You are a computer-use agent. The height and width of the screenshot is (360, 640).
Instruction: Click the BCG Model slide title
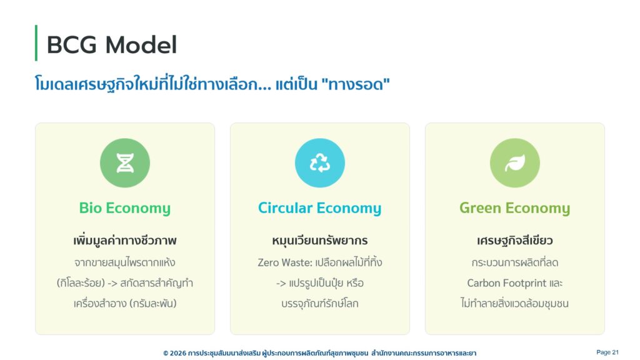click(x=112, y=44)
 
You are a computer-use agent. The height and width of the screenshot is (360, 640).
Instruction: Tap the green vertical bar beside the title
click(x=36, y=43)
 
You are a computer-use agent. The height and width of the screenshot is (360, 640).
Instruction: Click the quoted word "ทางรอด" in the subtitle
click(x=356, y=84)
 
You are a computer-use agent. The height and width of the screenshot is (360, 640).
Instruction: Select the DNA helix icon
click(x=125, y=163)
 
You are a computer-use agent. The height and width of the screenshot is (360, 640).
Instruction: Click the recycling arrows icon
click(x=320, y=163)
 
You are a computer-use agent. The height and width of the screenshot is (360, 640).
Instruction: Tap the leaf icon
click(x=515, y=163)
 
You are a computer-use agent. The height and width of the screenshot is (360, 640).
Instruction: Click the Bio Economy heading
click(x=125, y=207)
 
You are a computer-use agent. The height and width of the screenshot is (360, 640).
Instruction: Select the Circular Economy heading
click(x=320, y=207)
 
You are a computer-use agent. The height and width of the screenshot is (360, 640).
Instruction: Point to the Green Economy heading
click(x=515, y=207)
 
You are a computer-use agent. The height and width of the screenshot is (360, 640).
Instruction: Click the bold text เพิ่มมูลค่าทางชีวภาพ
click(x=125, y=241)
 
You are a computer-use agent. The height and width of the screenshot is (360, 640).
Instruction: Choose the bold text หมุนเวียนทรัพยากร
click(x=320, y=241)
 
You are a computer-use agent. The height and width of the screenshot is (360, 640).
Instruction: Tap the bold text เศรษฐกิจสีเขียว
click(x=515, y=241)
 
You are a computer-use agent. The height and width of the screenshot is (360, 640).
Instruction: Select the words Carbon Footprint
click(x=506, y=283)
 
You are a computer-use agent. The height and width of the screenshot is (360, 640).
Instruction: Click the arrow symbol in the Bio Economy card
click(x=112, y=283)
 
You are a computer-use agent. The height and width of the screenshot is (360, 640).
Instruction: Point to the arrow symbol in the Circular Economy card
click(x=281, y=283)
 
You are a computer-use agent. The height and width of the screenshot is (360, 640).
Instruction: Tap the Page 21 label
click(x=607, y=352)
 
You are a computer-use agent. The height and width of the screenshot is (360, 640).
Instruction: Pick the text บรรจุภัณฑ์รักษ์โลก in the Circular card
click(x=320, y=304)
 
